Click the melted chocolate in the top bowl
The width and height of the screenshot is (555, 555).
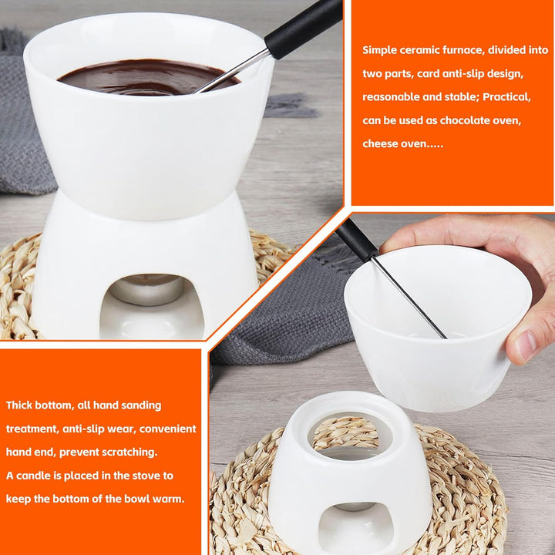[131, 77]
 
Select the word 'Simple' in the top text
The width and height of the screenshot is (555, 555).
[381, 50]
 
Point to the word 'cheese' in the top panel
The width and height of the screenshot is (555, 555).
[382, 144]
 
